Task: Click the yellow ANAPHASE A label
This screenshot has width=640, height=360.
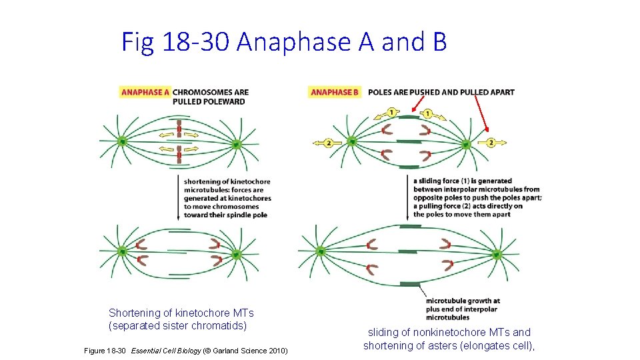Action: pos(145,92)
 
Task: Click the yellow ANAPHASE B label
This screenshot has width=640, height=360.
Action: pos(335,92)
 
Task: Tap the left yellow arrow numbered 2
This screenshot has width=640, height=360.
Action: pos(324,143)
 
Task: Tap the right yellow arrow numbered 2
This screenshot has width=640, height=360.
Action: pos(494,142)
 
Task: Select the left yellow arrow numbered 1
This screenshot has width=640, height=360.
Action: pos(385,113)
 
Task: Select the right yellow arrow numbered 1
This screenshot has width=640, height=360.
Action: pos(431,114)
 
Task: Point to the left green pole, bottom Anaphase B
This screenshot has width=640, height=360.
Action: pos(321,251)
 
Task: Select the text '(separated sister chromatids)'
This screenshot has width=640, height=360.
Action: pos(177,326)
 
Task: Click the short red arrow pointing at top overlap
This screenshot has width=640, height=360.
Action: pos(418,103)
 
